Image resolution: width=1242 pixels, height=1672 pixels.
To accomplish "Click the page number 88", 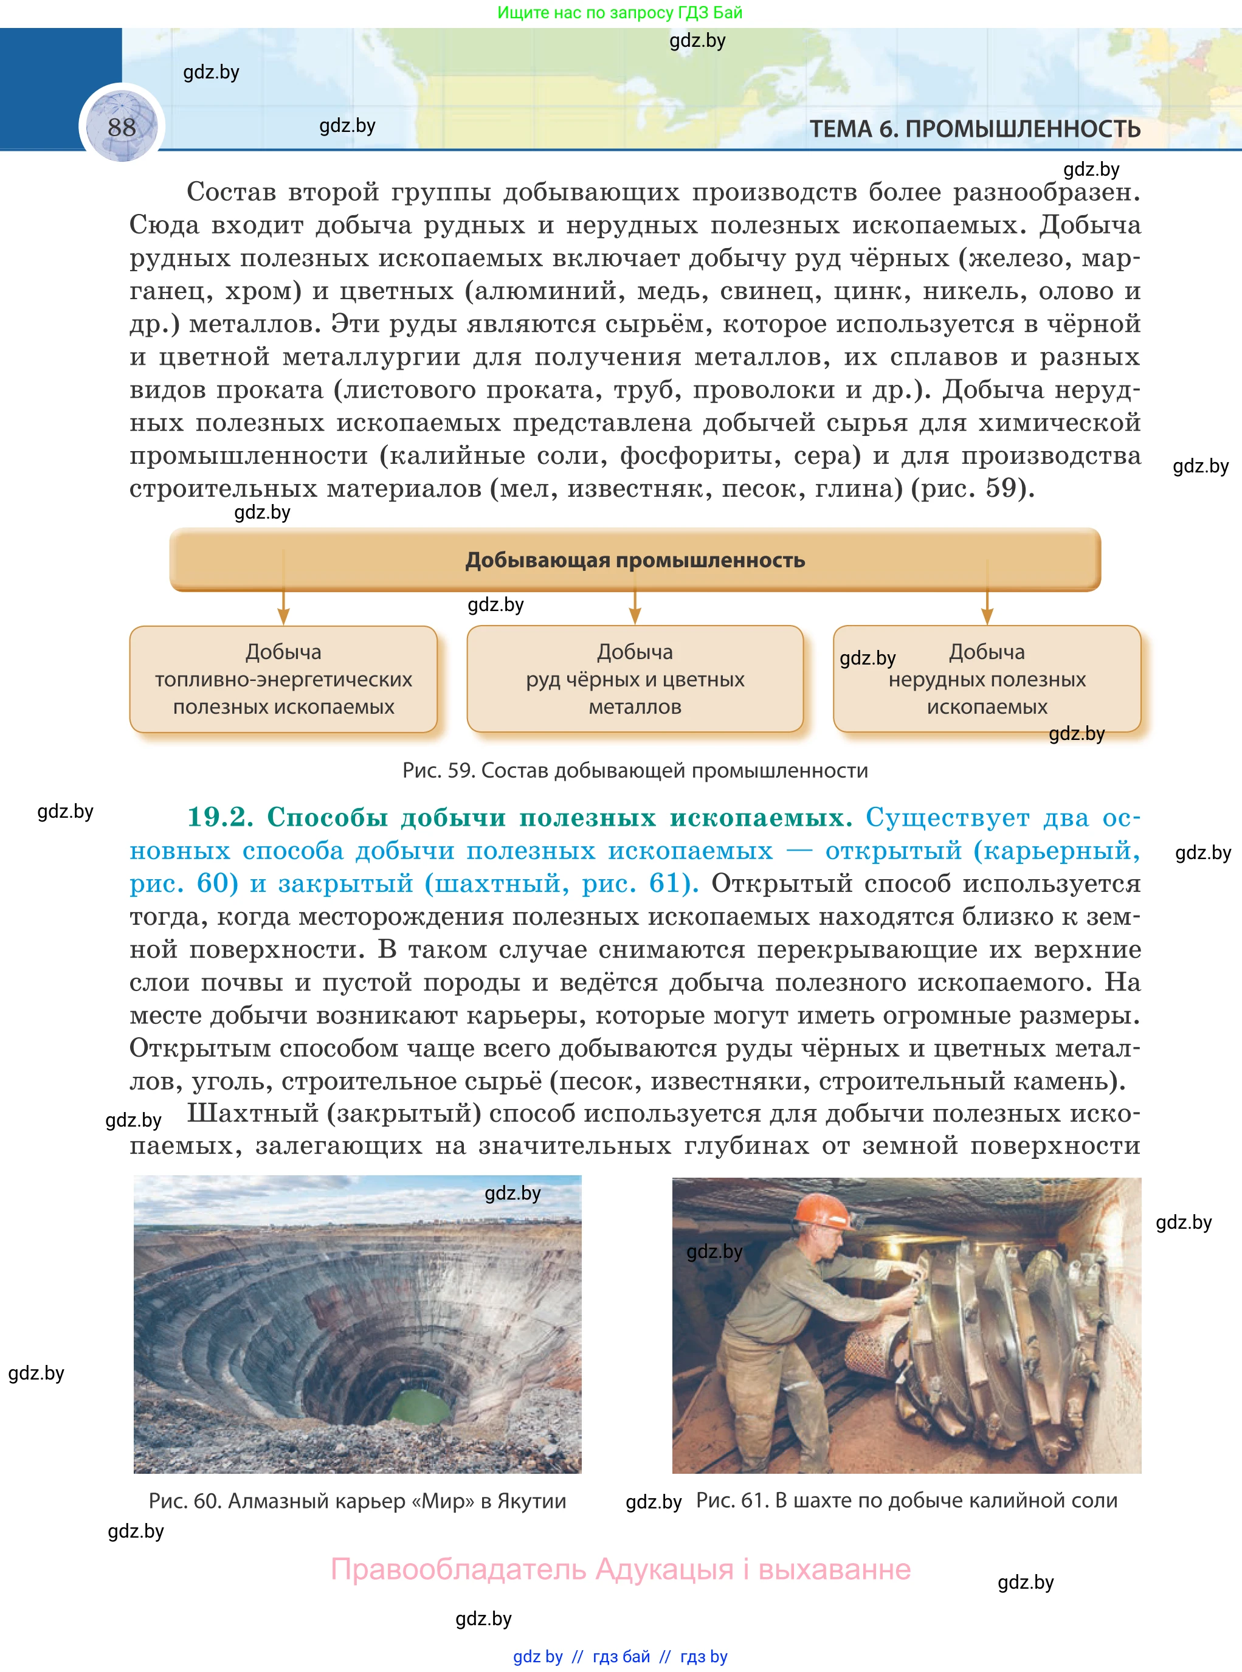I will (x=122, y=127).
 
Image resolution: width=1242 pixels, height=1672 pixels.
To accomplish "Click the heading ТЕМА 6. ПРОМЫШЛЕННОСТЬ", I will (x=975, y=130).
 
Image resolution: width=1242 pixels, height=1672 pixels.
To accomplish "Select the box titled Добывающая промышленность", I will (x=635, y=560).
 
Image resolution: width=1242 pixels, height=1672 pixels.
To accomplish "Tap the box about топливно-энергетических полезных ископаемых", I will (x=283, y=679).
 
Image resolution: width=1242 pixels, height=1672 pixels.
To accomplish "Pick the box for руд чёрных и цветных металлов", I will (x=635, y=679).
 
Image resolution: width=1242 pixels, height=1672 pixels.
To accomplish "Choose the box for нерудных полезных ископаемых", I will (x=987, y=679).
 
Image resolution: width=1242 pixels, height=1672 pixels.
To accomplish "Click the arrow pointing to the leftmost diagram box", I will (x=283, y=609).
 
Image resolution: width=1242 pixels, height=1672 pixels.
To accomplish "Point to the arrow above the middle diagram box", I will (x=635, y=609).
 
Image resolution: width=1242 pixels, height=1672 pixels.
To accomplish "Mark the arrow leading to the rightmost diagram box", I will (x=987, y=609).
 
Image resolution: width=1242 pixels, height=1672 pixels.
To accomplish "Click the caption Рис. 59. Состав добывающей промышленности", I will (x=635, y=770).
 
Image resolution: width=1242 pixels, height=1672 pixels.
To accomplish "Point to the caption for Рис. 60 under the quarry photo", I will (x=357, y=1501).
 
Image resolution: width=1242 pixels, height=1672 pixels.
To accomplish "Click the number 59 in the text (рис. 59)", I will (x=1001, y=489).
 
